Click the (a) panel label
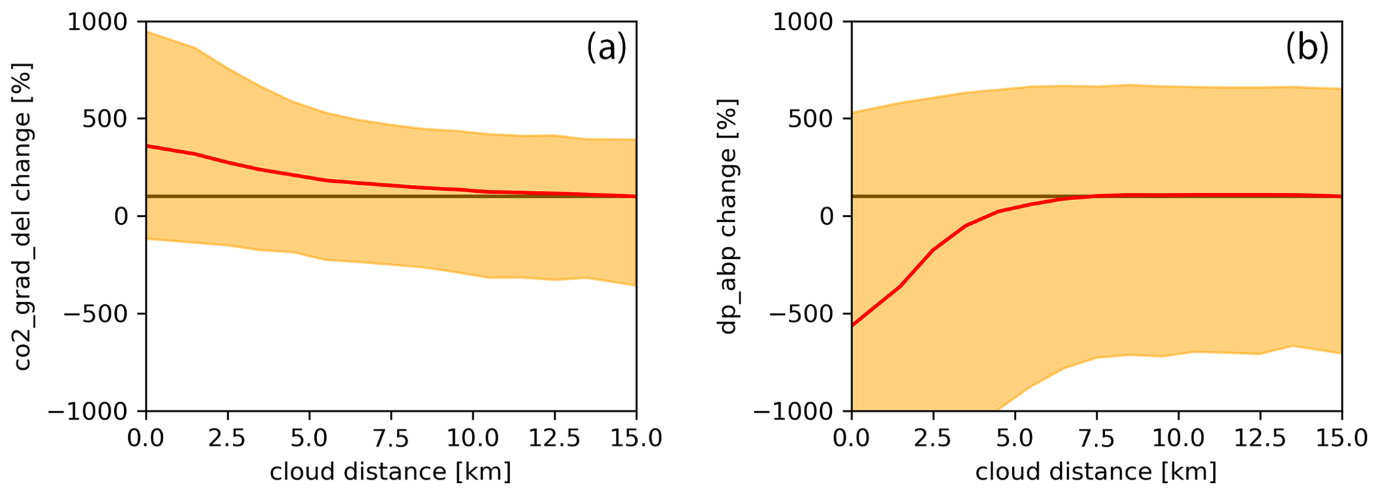[606, 48]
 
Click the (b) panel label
[1306, 48]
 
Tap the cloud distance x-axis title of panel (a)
[390, 472]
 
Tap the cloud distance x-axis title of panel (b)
[1096, 472]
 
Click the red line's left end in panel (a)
[147, 145]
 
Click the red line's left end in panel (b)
[853, 325]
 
